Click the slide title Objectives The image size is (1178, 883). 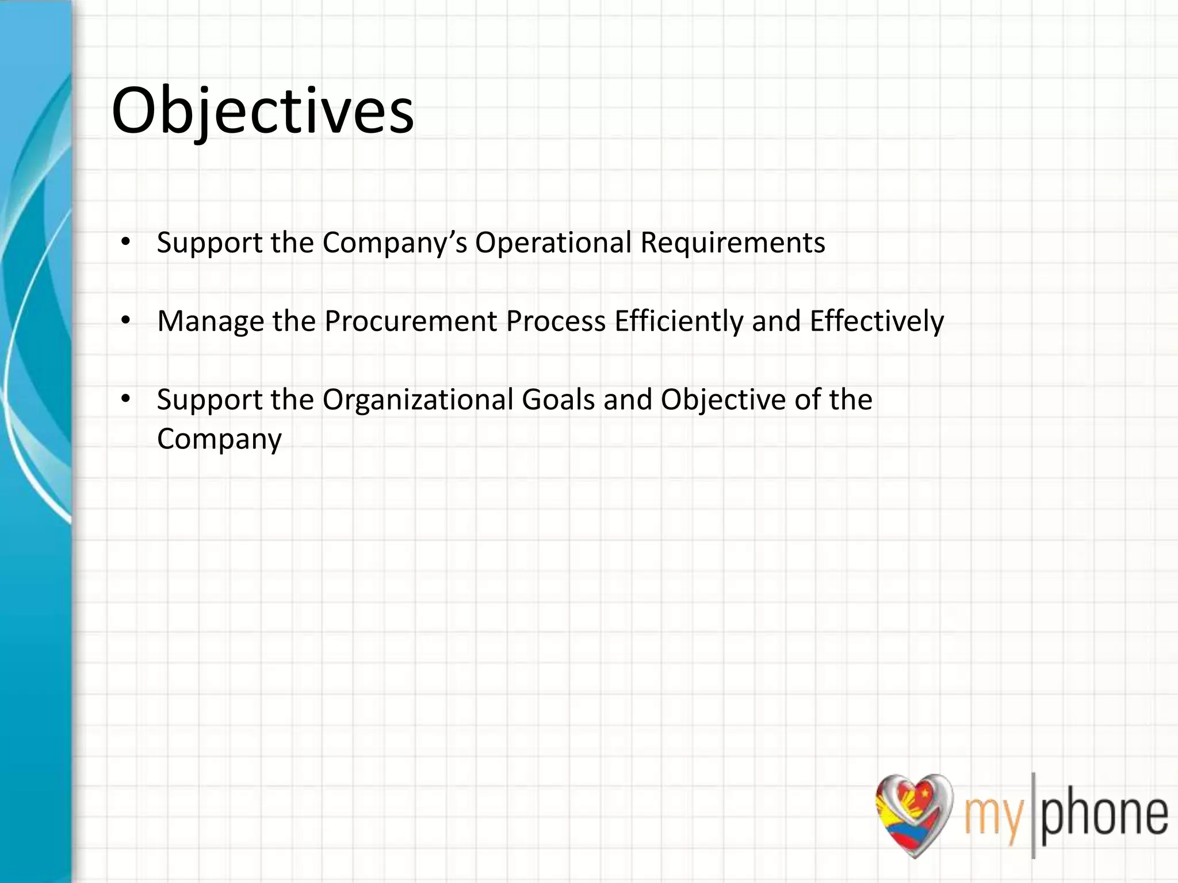[262, 111]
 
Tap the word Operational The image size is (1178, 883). [553, 243]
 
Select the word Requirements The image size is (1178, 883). [732, 243]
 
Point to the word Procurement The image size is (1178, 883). [410, 321]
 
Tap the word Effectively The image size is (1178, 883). [877, 321]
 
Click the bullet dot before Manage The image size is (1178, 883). [125, 321]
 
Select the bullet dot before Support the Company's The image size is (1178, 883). [125, 242]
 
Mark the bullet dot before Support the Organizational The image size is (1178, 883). [125, 399]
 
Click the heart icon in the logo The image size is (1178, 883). [913, 813]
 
